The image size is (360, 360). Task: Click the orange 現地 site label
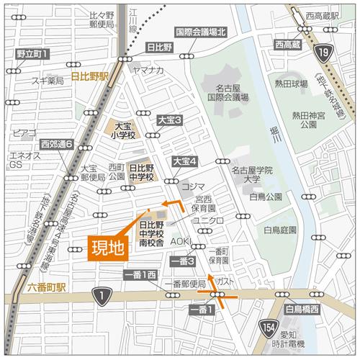coord(107,248)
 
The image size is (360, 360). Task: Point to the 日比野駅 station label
coord(89,75)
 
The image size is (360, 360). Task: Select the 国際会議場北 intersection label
coord(201,32)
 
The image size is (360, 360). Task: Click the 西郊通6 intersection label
coord(58,143)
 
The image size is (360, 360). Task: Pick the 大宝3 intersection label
coord(170,120)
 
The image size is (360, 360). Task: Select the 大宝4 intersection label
coord(184,162)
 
